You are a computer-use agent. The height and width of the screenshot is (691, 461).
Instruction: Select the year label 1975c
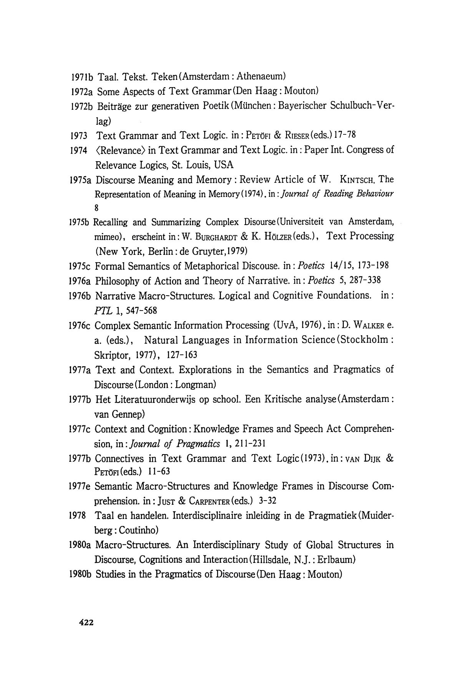click(x=81, y=266)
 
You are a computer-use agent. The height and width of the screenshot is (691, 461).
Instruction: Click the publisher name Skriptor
click(x=111, y=355)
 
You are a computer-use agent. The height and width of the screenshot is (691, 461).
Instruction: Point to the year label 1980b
click(x=81, y=575)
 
